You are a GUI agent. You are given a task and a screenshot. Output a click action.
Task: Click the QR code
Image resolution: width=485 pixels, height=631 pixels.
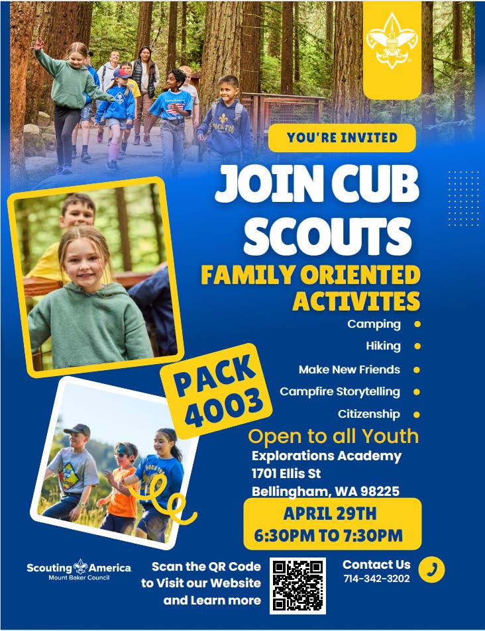click(297, 585)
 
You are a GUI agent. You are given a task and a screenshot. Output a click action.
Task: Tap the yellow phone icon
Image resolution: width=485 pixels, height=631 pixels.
click(431, 570)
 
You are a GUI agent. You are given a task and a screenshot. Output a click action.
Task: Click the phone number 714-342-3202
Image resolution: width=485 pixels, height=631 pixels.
click(376, 579)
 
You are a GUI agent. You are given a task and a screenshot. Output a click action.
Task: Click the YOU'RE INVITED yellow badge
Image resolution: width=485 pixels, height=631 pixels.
click(342, 138)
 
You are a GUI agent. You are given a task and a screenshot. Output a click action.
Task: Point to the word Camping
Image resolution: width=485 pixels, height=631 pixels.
click(374, 324)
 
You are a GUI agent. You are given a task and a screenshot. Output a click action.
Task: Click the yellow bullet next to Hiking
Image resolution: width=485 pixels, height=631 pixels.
click(417, 346)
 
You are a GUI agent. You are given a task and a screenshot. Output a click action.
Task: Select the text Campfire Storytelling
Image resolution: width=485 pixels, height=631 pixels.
click(340, 392)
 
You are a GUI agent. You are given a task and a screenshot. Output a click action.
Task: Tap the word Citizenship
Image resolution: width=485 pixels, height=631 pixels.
click(369, 414)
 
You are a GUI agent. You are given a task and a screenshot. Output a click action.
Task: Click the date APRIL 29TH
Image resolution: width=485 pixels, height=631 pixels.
click(330, 514)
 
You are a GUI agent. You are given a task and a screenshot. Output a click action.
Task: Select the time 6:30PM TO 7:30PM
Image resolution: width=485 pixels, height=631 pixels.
click(328, 536)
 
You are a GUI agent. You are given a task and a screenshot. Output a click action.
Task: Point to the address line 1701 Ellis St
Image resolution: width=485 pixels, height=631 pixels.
click(286, 473)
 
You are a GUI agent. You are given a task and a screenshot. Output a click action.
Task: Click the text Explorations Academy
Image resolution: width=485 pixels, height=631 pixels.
click(327, 456)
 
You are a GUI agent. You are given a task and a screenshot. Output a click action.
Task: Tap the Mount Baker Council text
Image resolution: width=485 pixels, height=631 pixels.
click(79, 578)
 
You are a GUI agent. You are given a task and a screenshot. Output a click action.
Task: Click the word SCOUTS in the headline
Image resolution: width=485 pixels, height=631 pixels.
click(327, 236)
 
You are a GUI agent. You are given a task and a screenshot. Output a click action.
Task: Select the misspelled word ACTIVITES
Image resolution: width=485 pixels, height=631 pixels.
click(356, 301)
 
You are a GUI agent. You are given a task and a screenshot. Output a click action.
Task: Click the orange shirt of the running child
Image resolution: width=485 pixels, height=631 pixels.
click(122, 493)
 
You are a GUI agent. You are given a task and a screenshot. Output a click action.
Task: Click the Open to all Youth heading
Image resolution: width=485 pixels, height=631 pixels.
click(333, 436)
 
